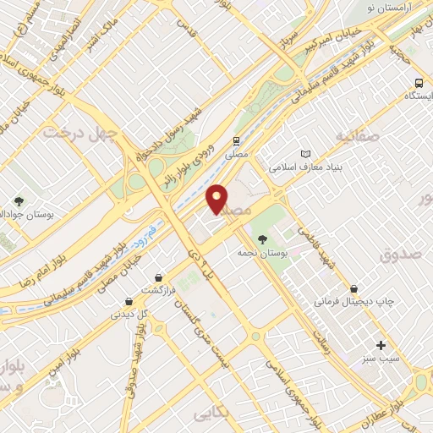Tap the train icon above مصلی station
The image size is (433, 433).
238,141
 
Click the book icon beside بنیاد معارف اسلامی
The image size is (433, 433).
306,155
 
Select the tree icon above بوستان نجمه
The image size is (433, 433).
261,239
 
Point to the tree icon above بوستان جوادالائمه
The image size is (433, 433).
19,201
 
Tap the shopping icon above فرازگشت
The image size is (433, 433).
158,277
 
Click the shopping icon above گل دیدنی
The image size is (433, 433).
128,300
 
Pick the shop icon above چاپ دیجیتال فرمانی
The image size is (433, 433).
363,288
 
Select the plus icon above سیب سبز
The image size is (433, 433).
381,345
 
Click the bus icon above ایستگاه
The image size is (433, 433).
419,83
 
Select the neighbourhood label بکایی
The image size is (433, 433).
212,414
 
